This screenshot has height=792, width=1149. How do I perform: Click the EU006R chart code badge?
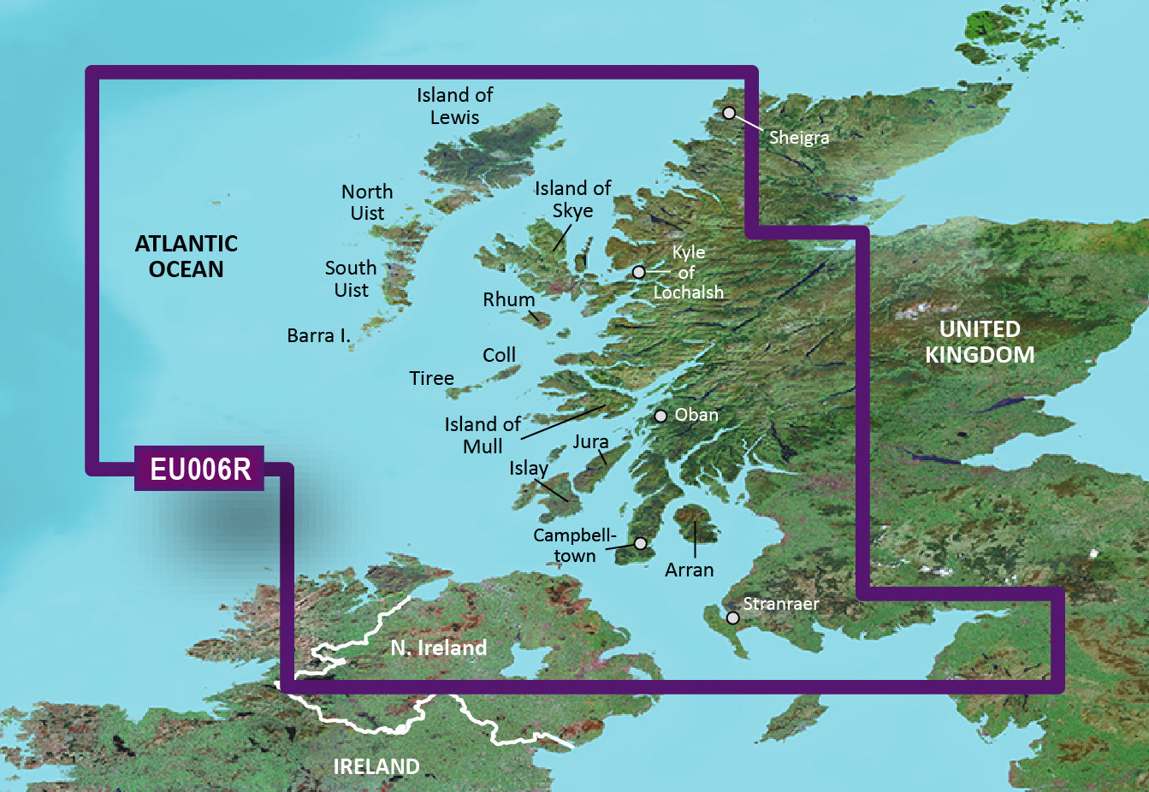[199, 469]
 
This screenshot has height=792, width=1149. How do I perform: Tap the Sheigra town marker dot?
[729, 113]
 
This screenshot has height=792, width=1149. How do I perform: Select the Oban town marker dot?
[660, 417]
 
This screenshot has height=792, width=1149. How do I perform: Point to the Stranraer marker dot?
[733, 618]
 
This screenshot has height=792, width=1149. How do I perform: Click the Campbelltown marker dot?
[640, 543]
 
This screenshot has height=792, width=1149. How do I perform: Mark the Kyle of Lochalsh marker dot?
[638, 272]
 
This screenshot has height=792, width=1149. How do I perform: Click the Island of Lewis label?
[454, 106]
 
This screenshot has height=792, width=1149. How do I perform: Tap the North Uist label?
[367, 203]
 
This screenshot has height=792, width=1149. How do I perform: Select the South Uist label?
[351, 279]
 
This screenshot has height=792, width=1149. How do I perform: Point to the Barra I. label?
[319, 336]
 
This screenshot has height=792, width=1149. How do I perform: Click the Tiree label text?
[431, 378]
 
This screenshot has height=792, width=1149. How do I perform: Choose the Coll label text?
[499, 355]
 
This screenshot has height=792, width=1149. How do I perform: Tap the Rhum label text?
[508, 300]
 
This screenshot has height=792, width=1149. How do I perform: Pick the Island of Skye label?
[572, 199]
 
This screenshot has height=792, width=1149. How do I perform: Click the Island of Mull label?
[483, 435]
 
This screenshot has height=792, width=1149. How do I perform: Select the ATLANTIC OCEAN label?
[186, 257]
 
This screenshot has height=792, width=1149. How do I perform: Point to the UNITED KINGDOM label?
[980, 342]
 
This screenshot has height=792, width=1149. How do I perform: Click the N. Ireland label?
[438, 648]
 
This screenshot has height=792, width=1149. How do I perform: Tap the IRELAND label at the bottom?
[376, 766]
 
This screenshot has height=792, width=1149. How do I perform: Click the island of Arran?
[693, 522]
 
